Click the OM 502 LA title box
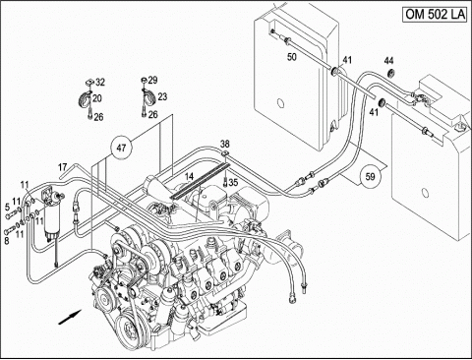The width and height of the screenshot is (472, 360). pos(436,15)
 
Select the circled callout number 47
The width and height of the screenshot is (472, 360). pos(121,148)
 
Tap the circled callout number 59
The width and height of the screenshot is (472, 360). pos(370,177)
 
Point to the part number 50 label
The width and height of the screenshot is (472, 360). pos(292,57)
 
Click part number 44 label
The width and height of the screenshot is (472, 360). pos(389,61)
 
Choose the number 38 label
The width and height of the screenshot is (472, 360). pos(225,144)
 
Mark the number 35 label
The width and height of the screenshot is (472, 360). pos(233,182)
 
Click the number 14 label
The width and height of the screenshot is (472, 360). pos(189,177)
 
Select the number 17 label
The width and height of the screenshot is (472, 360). pos(63,167)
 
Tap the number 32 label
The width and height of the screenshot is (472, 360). pos(100,82)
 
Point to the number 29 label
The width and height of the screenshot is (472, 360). pos(152,80)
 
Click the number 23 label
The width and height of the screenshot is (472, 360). pos(162,96)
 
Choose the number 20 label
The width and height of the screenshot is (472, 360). pos(97,98)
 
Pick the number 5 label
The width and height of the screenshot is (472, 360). pos(7,207)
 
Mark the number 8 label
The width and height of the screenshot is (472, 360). pos(7,240)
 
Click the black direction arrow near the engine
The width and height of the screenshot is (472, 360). pos(70,318)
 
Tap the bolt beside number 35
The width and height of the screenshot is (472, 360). pos(225,181)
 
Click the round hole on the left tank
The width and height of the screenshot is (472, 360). pos(280,103)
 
